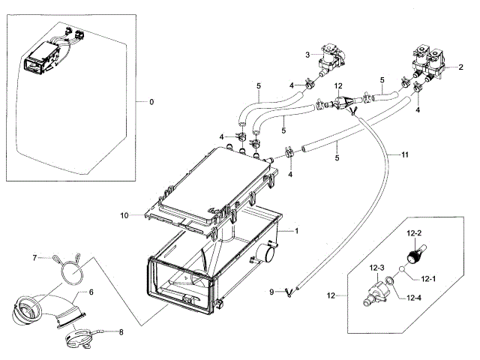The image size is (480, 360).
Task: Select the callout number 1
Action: click(x=296, y=231)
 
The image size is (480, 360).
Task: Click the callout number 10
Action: click(x=124, y=216)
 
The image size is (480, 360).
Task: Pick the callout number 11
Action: click(x=405, y=155)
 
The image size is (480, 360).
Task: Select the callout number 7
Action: click(x=34, y=258)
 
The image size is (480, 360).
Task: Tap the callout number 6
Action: click(x=91, y=292)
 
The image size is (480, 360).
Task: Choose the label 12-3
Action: click(x=376, y=268)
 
